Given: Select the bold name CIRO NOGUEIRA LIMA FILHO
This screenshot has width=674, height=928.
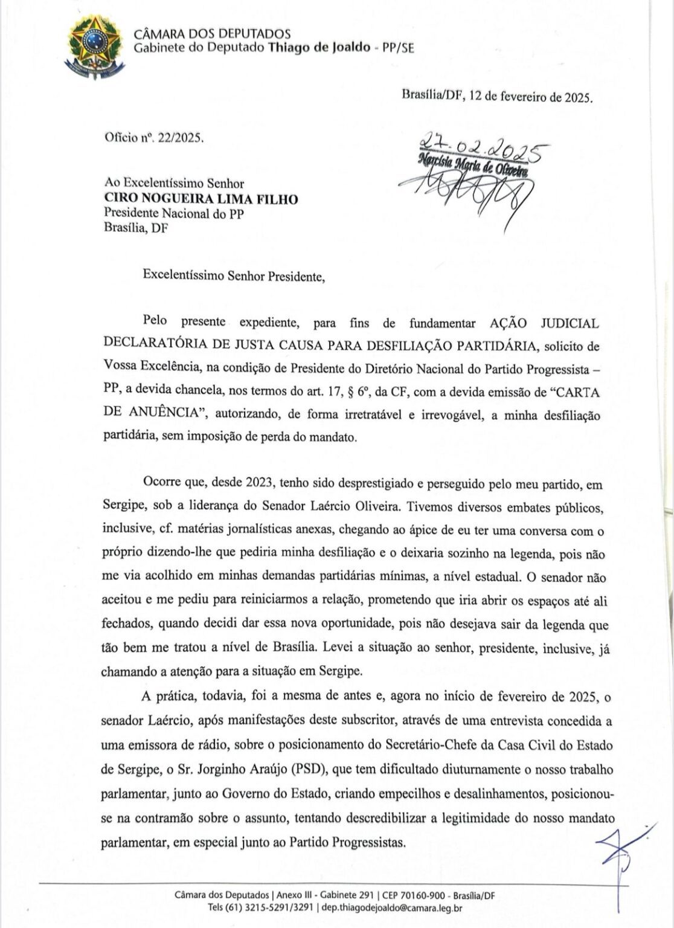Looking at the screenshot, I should click(201, 199).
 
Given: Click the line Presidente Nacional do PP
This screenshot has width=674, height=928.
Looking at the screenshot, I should click(174, 214).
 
